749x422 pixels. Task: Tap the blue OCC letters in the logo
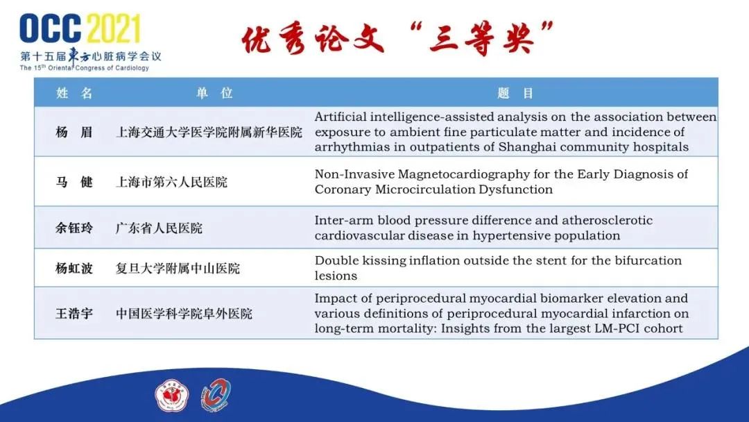coord(51,28)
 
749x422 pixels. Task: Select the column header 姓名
coord(74,93)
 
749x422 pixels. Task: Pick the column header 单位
coord(214,93)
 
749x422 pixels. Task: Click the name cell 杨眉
coord(74,132)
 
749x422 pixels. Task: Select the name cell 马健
coord(74,182)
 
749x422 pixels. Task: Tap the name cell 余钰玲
coord(74,228)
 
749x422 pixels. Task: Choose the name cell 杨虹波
coord(74,269)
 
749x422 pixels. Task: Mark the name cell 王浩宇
coord(74,314)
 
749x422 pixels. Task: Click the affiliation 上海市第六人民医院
coord(171,182)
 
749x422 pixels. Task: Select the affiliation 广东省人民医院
coord(159,228)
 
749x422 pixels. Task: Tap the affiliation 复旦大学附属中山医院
coord(178,269)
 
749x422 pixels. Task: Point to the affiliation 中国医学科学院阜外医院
coord(184,314)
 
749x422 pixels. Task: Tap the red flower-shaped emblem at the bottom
coord(172,396)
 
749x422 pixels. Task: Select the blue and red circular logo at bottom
coord(216,395)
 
